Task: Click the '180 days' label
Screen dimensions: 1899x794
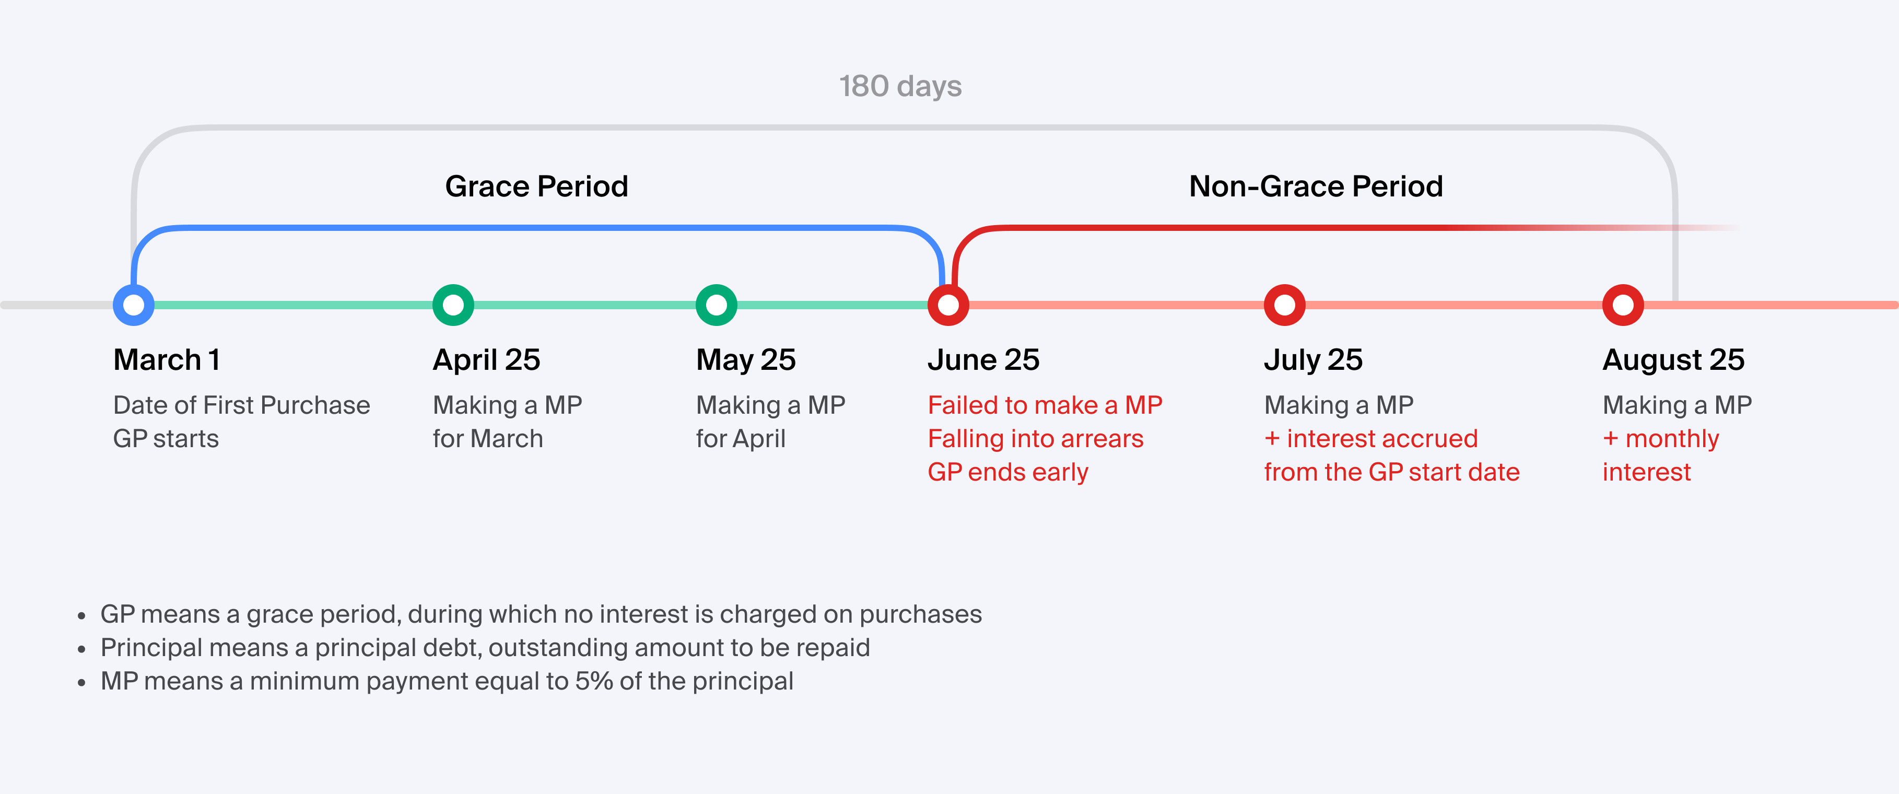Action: [x=900, y=86]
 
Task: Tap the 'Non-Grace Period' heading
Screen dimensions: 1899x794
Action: [x=1316, y=186]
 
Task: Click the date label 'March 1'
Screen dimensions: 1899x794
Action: [x=167, y=360]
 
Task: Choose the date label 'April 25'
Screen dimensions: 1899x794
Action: [x=487, y=360]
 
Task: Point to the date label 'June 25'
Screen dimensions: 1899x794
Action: [x=983, y=360]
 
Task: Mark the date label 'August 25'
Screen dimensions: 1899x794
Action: [x=1673, y=360]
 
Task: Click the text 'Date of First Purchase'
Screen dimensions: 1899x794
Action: [x=241, y=405]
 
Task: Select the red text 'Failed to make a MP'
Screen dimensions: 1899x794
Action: [x=1045, y=405]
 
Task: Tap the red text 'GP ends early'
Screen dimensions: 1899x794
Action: [x=1008, y=472]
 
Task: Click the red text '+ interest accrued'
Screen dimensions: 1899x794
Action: [x=1371, y=439]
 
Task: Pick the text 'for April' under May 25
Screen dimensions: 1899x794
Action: [x=741, y=439]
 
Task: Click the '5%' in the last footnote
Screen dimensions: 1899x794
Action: [x=593, y=681]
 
